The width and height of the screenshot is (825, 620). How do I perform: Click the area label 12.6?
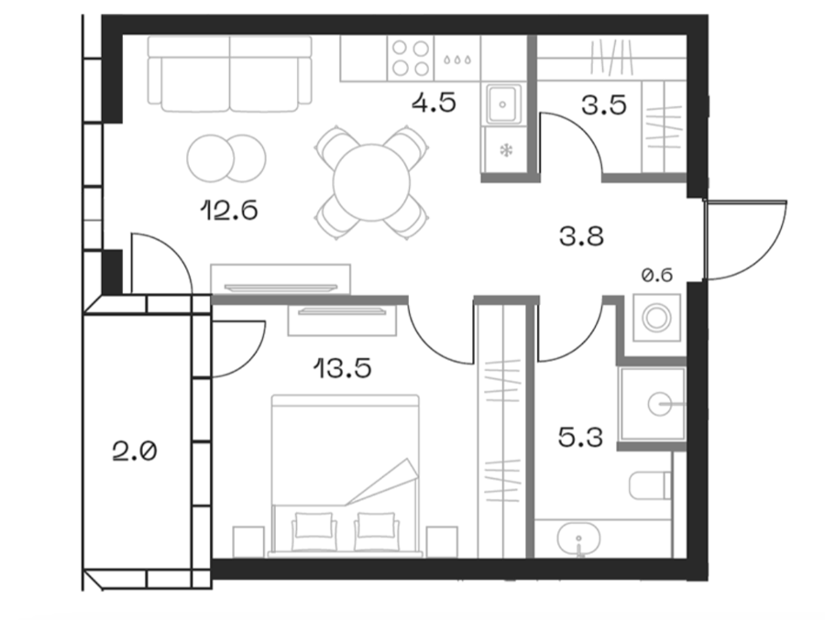click(229, 211)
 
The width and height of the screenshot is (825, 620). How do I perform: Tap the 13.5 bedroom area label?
click(343, 368)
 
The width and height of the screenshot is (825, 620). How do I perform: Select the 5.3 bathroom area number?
click(580, 437)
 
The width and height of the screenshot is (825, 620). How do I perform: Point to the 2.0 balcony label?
click(135, 451)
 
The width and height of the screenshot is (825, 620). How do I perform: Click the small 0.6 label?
click(657, 275)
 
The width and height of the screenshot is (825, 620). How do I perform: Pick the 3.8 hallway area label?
click(581, 236)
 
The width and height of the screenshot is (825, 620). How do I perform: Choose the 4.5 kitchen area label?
click(434, 102)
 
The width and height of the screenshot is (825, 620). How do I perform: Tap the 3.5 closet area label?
click(604, 104)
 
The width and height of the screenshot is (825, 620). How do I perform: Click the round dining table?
click(371, 182)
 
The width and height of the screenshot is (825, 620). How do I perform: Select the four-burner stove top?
click(411, 58)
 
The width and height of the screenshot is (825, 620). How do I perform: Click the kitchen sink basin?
click(503, 104)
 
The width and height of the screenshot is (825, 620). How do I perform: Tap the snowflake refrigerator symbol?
click(506, 151)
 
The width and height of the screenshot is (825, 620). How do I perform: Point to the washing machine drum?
click(657, 318)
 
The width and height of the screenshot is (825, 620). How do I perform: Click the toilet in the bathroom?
click(650, 484)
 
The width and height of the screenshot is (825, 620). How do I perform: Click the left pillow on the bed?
click(314, 525)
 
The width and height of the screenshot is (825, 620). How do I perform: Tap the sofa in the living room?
click(230, 74)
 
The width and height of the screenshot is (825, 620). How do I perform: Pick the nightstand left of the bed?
click(248, 541)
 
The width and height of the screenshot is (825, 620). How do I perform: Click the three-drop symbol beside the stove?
click(456, 60)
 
